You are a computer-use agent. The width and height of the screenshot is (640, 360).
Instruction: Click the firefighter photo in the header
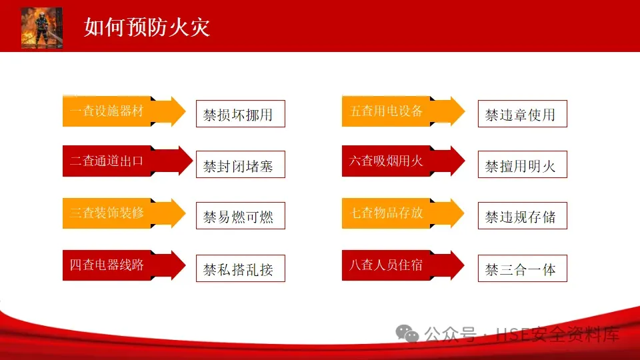click(41, 28)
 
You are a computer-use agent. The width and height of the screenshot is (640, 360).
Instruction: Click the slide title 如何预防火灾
click(147, 27)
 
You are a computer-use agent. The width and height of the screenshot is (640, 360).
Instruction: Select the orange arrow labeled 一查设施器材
click(124, 111)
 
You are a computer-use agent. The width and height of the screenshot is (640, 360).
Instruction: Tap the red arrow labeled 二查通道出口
click(128, 161)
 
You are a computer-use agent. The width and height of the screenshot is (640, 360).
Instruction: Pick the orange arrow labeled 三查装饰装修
click(124, 213)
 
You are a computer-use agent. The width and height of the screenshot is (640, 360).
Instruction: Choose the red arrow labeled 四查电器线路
click(124, 265)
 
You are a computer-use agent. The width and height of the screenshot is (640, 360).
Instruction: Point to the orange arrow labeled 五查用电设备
click(403, 111)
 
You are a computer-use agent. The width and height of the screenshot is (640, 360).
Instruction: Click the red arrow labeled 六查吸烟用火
click(403, 161)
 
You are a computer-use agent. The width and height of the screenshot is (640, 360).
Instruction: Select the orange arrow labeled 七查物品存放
click(403, 213)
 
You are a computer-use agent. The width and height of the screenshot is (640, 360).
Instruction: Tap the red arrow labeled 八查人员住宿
click(403, 265)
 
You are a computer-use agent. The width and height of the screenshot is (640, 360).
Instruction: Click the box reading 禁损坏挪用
click(241, 114)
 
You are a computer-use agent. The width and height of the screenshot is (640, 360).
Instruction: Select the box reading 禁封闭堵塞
click(241, 165)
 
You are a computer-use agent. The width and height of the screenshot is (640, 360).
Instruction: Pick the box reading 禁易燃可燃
click(241, 215)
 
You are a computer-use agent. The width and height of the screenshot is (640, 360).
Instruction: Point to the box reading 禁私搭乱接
click(241, 268)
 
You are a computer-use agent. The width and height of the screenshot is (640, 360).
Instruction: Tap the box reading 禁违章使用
click(523, 114)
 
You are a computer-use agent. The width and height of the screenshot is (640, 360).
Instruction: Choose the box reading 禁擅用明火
click(523, 165)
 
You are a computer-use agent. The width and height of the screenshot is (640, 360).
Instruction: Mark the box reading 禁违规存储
click(523, 215)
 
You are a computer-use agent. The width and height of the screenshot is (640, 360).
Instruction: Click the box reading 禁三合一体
click(523, 268)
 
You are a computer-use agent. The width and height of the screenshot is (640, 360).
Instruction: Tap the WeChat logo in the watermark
click(407, 333)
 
